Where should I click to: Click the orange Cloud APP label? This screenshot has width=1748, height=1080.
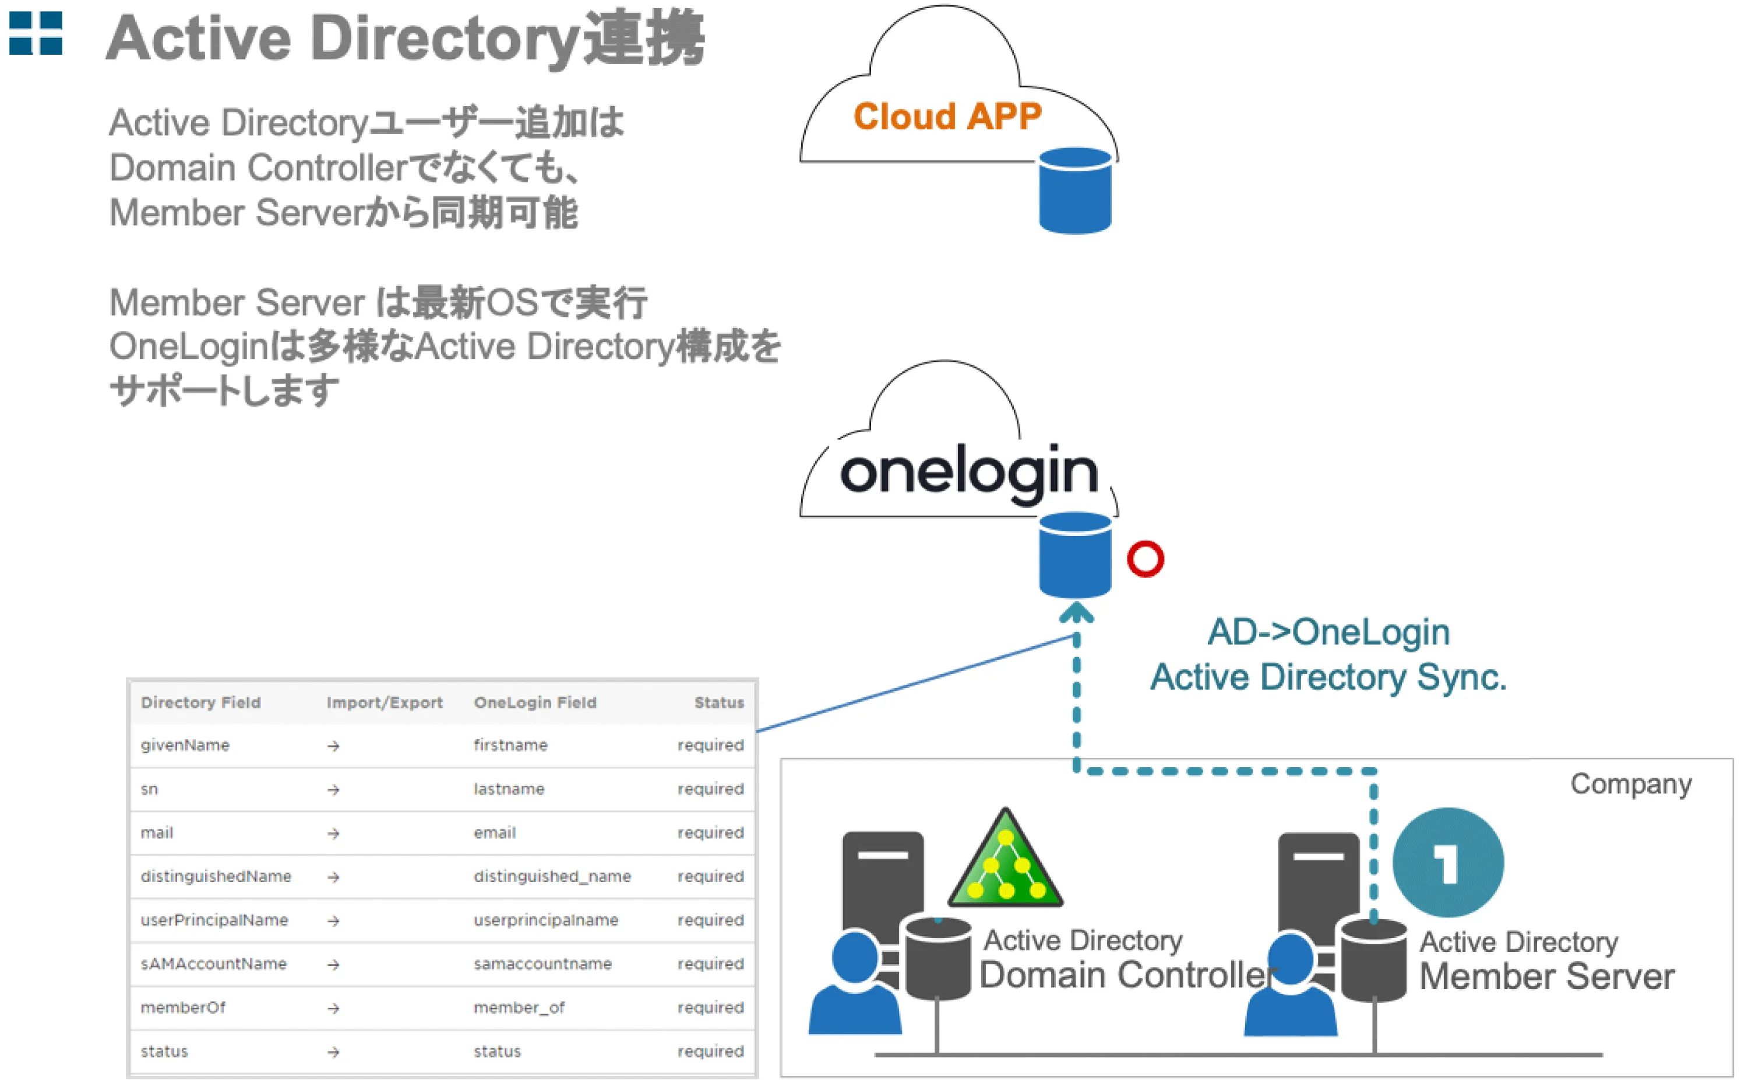point(947,117)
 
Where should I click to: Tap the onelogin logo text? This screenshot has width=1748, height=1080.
point(968,471)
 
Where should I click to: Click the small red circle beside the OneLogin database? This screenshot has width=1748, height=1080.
point(1145,559)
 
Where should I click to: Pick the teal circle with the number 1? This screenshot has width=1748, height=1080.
point(1448,862)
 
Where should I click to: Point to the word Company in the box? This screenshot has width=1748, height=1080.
point(1630,784)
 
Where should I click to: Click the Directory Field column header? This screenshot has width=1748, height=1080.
point(201,703)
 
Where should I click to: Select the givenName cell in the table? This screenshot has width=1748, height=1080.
point(185,745)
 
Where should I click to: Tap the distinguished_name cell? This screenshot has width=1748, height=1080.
point(552,877)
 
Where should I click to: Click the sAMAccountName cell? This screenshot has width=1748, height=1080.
point(214,963)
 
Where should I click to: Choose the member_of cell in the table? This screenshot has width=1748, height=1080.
point(519,1007)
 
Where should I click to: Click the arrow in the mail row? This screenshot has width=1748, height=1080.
point(333,834)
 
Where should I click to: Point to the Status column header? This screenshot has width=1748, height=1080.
point(718,703)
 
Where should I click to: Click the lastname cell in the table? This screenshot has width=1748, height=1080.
point(509,789)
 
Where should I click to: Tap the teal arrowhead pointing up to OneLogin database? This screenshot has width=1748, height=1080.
point(1077,613)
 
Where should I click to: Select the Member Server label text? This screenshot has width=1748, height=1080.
point(1546,976)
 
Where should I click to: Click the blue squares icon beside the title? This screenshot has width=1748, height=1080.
point(36,33)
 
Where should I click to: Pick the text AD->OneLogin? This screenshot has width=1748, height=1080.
point(1328,632)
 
